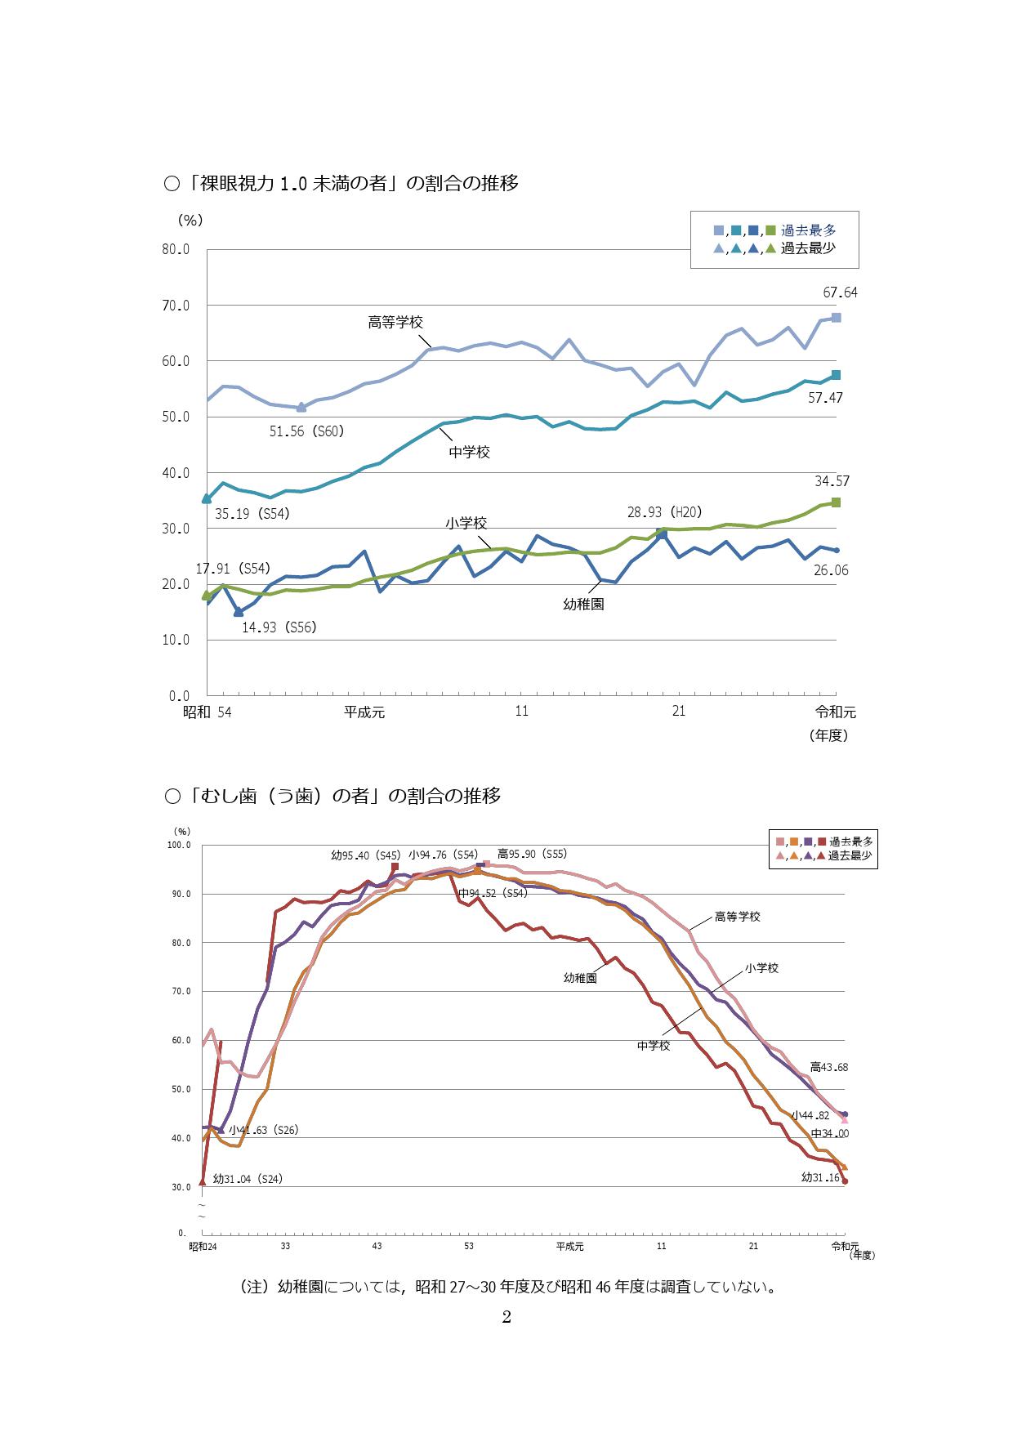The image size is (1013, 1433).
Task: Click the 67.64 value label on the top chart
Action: click(840, 292)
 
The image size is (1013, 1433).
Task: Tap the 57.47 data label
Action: click(825, 398)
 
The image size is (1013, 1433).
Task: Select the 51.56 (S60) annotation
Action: click(306, 431)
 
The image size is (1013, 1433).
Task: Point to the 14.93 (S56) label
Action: click(279, 627)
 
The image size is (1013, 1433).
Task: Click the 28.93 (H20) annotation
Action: click(664, 512)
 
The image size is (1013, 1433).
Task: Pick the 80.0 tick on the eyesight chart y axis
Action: click(176, 249)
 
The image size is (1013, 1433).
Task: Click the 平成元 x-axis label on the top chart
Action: click(364, 712)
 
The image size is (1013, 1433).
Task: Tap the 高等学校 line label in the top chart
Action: click(395, 322)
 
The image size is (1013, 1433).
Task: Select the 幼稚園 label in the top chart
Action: click(583, 605)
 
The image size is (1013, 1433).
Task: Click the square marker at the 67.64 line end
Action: click(836, 317)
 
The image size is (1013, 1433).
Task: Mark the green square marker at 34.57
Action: click(836, 502)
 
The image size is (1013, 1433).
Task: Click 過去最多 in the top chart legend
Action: click(808, 230)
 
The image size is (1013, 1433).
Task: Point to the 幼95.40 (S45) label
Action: click(365, 855)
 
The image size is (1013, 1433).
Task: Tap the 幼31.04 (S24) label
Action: click(248, 1179)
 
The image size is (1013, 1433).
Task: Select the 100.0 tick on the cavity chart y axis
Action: click(179, 845)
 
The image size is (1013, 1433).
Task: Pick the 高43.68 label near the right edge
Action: click(828, 1067)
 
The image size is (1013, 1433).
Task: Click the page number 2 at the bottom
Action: click(506, 1316)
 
